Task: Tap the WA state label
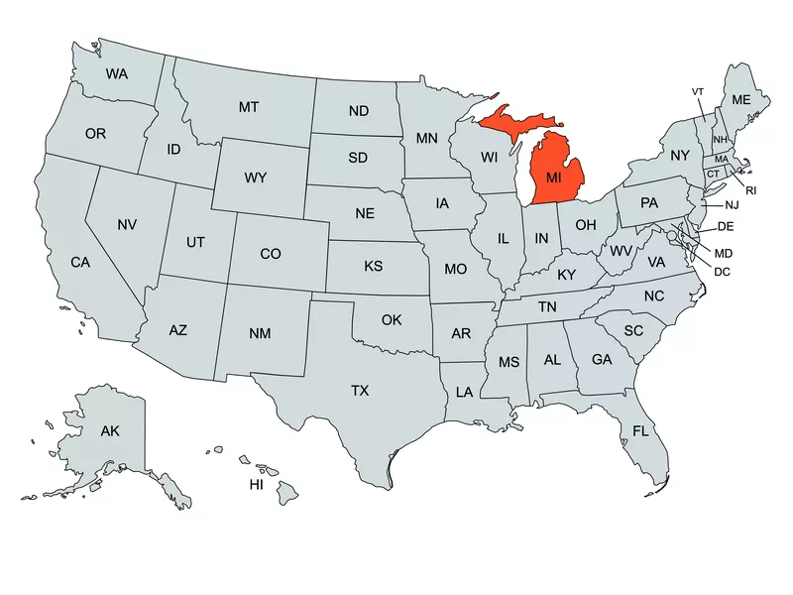[x=117, y=73]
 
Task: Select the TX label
[x=360, y=391]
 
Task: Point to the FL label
[x=641, y=430]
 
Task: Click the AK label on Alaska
[x=110, y=430]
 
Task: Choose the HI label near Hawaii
[x=256, y=485]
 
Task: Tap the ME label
[x=740, y=100]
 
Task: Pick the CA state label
[x=80, y=263]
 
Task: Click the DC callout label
[x=722, y=271]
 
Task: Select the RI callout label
[x=751, y=189]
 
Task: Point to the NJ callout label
[x=732, y=205]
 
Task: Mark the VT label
[x=698, y=92]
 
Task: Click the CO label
[x=271, y=254]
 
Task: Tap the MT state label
[x=249, y=106]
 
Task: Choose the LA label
[x=464, y=392]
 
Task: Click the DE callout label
[x=726, y=227]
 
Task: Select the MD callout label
[x=724, y=254]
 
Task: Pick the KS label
[x=373, y=267]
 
